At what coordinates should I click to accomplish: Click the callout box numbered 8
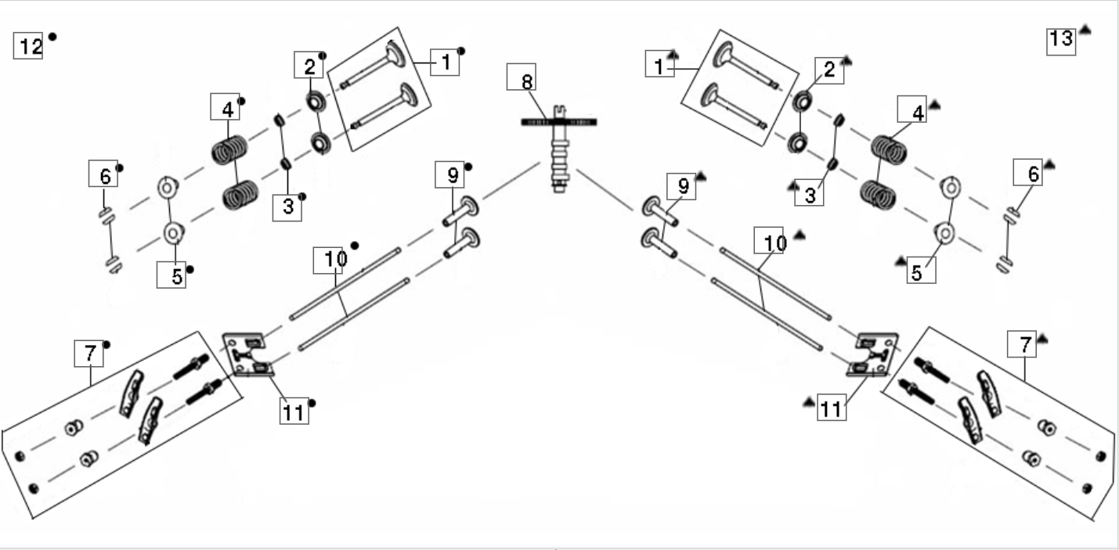point(521,77)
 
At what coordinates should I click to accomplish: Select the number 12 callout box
point(28,46)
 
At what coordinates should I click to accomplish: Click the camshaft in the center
point(559,148)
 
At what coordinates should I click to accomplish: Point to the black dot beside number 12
point(52,37)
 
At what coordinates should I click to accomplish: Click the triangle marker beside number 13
point(1085,30)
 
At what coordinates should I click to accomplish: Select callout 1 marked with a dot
point(445,63)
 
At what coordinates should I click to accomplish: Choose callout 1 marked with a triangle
point(660,63)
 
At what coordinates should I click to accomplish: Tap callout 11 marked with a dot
point(294,412)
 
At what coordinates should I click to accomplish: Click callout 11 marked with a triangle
point(832,408)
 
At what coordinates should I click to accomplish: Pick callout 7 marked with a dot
point(89,354)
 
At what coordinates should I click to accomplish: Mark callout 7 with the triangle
point(1022,344)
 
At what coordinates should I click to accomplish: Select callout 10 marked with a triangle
point(769,240)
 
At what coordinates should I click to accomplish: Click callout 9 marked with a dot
point(449,174)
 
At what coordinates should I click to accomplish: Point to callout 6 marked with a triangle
point(1027,172)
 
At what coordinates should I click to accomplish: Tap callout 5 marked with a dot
point(171,275)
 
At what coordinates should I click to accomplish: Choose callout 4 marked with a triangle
point(912,109)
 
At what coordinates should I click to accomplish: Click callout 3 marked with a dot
point(287,207)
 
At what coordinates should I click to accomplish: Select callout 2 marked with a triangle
point(830,70)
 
